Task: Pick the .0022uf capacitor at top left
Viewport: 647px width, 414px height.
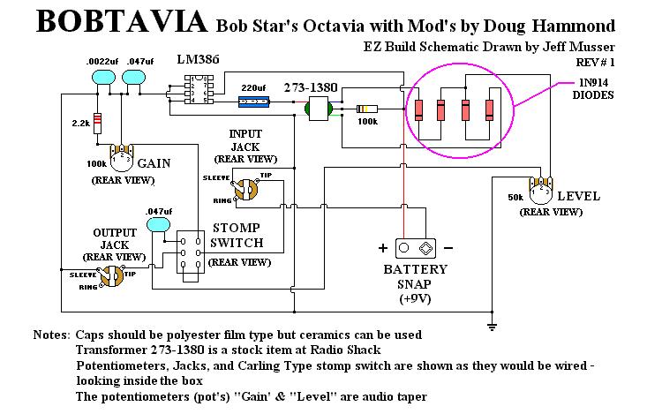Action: pos(104,78)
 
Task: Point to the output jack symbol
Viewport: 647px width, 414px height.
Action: pos(111,275)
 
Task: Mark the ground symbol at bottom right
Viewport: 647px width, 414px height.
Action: pos(490,326)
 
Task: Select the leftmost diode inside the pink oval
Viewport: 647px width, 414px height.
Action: pos(418,110)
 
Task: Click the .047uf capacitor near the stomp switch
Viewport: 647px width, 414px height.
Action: pos(159,225)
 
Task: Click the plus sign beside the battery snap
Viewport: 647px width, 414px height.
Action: pos(384,247)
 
